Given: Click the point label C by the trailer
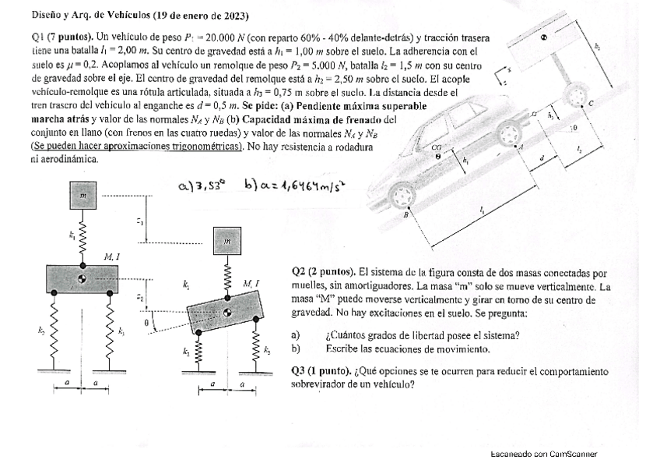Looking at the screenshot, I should pyautogui.click(x=592, y=104).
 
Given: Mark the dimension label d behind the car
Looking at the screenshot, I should pyautogui.click(x=542, y=159).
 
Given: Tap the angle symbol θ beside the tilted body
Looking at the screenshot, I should pyautogui.click(x=146, y=321).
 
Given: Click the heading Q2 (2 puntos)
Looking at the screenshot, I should pyautogui.click(x=323, y=273).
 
